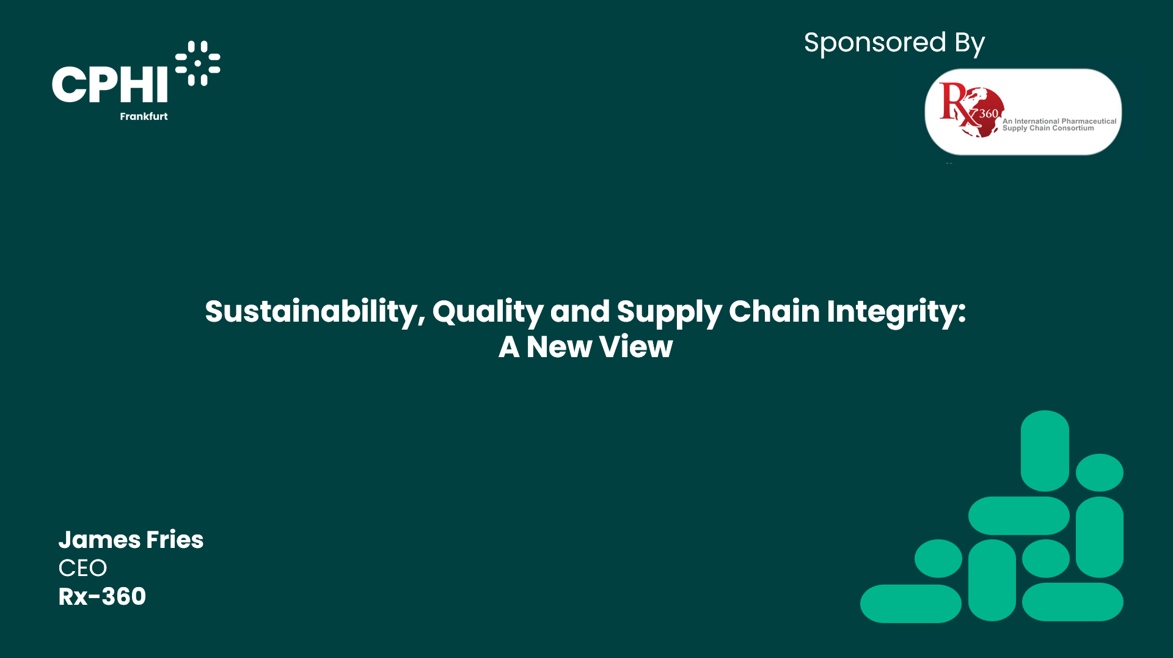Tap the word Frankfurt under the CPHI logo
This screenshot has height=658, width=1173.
(144, 116)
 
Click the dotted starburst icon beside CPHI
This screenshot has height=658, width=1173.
(198, 63)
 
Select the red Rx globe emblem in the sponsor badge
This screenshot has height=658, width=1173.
(971, 110)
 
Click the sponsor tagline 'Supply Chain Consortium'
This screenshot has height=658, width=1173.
(1048, 128)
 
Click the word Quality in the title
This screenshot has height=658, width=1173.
(488, 312)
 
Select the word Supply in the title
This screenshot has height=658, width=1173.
(669, 312)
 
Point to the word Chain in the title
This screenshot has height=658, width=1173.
(774, 311)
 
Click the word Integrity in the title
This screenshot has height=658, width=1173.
(896, 312)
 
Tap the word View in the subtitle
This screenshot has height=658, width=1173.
(636, 347)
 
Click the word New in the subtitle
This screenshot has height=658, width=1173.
(560, 347)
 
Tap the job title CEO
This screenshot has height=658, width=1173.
(82, 568)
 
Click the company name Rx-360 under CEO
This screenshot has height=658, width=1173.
(102, 597)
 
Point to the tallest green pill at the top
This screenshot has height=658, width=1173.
(1045, 451)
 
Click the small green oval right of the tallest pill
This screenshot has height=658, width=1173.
(1100, 472)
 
